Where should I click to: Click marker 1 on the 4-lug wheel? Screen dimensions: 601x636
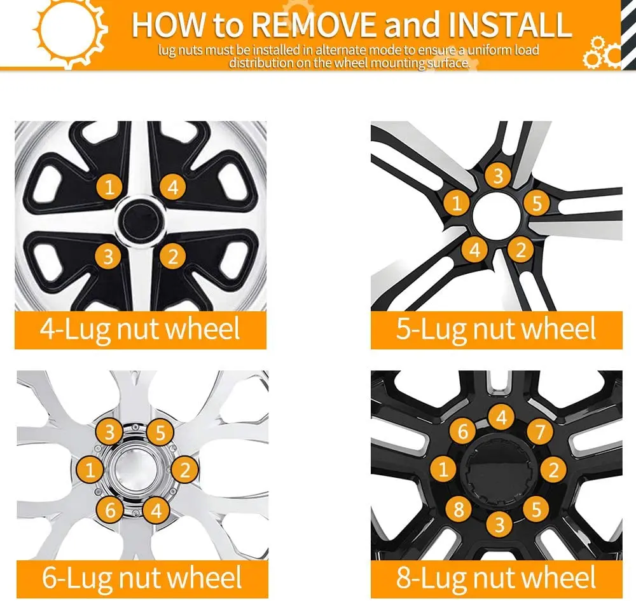pyautogui.click(x=109, y=187)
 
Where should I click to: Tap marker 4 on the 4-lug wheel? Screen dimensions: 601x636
pyautogui.click(x=172, y=187)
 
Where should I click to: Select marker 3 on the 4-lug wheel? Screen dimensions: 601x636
pyautogui.click(x=109, y=256)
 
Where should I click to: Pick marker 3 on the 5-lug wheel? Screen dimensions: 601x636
pyautogui.click(x=498, y=176)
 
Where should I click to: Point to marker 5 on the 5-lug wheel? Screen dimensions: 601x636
pyautogui.click(x=537, y=203)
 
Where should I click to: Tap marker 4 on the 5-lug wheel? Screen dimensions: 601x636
pyautogui.click(x=474, y=250)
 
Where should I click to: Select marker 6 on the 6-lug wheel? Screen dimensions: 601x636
pyautogui.click(x=110, y=510)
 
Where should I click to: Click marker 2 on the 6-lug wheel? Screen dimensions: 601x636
pyautogui.click(x=185, y=470)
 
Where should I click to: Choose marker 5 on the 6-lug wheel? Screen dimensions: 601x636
pyautogui.click(x=160, y=433)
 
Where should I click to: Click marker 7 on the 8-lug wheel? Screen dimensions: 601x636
pyautogui.click(x=539, y=432)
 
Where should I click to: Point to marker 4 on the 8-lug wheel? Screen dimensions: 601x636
pyautogui.click(x=501, y=417)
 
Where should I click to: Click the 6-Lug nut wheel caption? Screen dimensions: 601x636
pyautogui.click(x=141, y=578)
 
